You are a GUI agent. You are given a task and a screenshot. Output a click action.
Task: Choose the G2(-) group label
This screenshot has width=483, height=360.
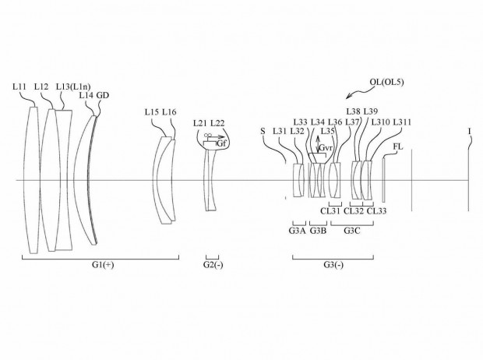212,265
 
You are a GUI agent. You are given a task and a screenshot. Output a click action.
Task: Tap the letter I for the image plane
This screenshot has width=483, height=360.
469,131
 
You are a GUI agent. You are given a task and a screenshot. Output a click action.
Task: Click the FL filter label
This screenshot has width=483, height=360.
397,146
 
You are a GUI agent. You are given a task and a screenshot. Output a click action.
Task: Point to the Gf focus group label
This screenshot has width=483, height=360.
221,144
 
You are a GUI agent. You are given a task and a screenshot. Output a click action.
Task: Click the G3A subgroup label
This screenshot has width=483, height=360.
297,231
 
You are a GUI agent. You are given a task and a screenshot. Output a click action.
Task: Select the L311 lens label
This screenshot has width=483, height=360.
402,122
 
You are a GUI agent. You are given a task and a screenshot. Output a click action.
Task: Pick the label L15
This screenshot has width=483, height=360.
153,112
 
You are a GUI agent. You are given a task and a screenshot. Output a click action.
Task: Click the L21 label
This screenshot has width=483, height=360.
200,124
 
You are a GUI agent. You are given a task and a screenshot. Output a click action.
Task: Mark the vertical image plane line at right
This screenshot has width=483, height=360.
469,179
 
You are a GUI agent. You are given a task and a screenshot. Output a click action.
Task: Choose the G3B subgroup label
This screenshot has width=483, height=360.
318,231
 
